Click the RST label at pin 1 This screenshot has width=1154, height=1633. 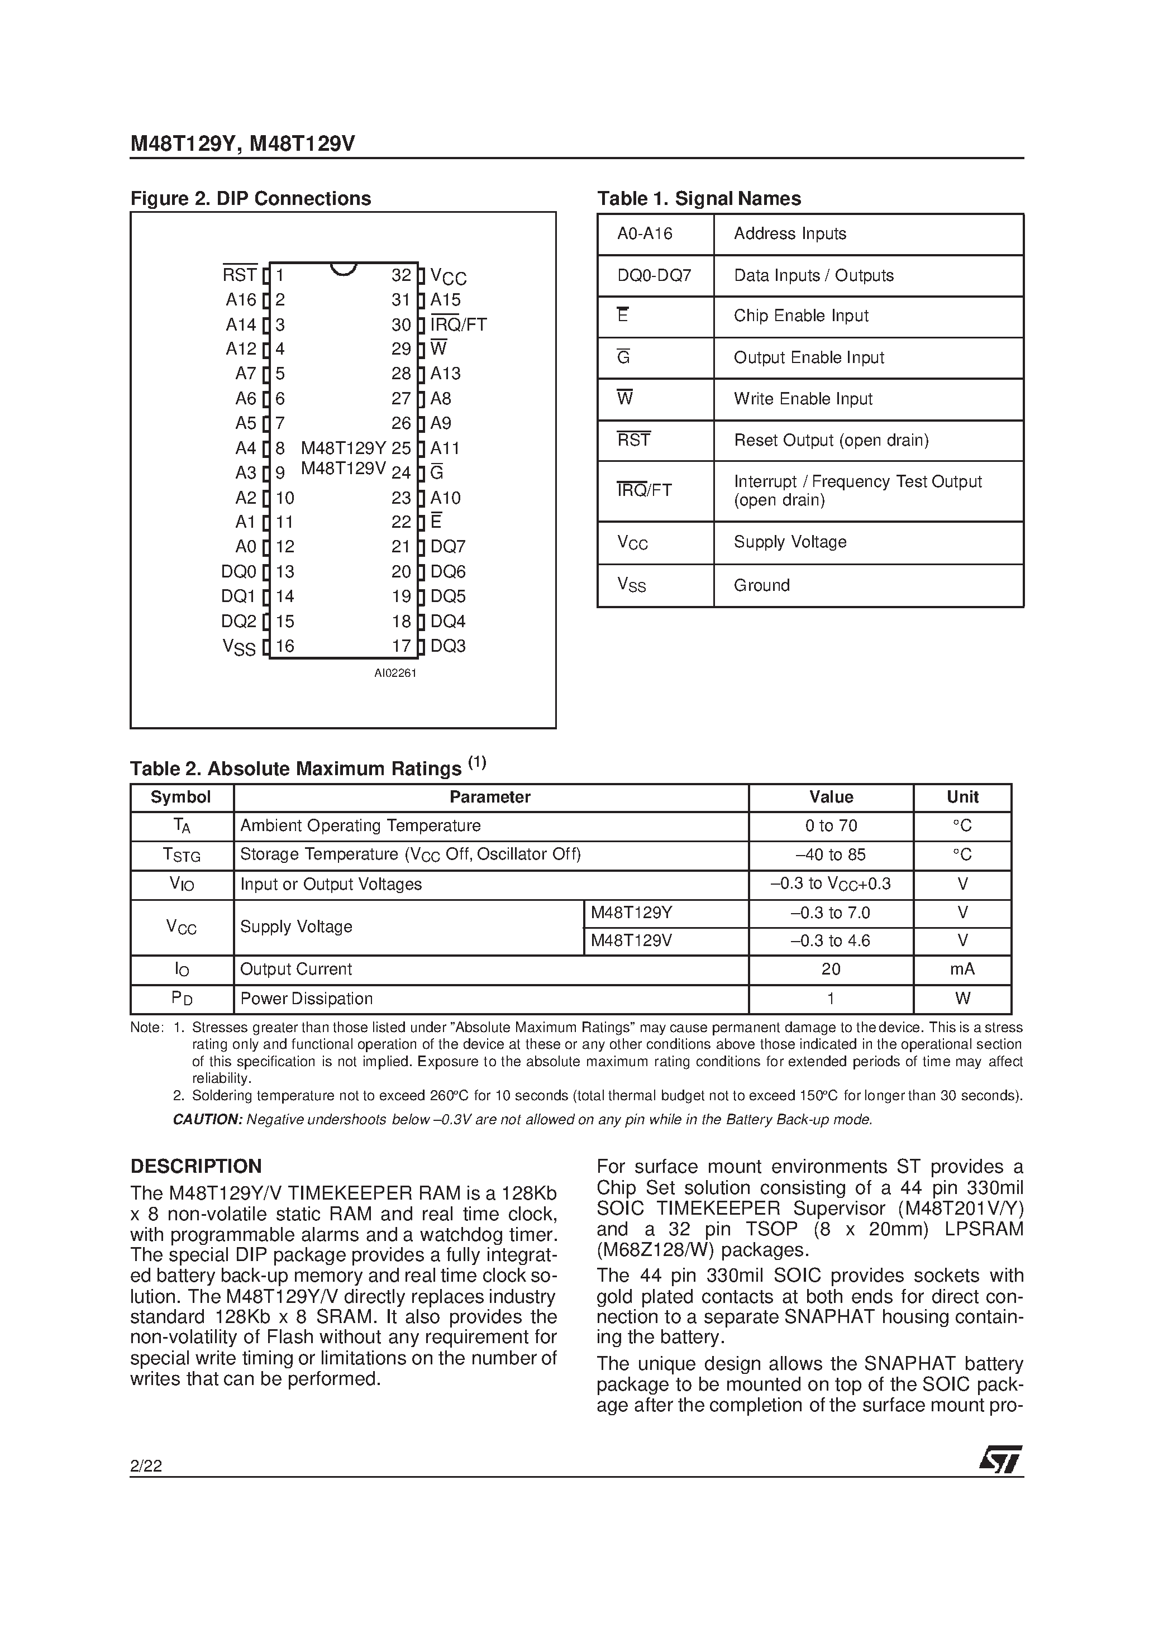coord(239,275)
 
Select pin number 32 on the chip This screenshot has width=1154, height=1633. coord(401,275)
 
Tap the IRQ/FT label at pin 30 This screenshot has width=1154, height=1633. coord(459,325)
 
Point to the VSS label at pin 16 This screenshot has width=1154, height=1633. coord(239,647)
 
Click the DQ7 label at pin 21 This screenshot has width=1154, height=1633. coord(448,547)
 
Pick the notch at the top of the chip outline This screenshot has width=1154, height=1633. coord(344,269)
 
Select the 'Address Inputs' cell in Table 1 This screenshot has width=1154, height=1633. coord(790,234)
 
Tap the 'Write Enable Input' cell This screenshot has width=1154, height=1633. coord(803,399)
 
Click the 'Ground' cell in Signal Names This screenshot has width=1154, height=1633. coord(761,585)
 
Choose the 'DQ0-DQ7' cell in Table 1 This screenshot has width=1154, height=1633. coord(655,275)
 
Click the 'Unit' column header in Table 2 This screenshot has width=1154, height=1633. coord(962,798)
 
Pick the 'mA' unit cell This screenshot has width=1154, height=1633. coord(962,970)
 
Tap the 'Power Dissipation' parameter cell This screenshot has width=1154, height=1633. coord(307,999)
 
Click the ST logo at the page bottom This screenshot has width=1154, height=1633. coord(1000,1459)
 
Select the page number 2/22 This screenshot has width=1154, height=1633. coord(146,1466)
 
